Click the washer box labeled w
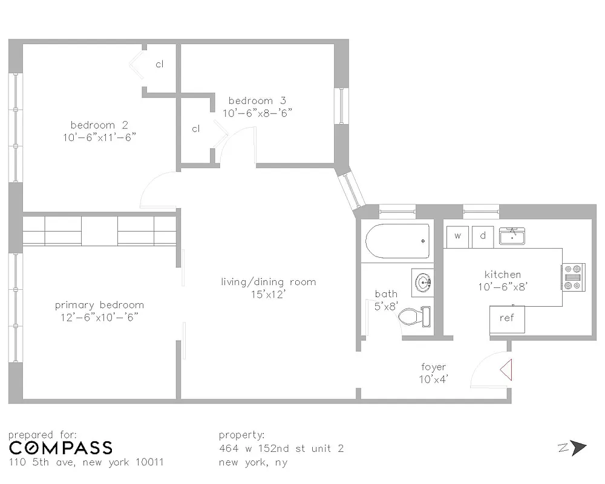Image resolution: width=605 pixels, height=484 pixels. pyautogui.click(x=458, y=236)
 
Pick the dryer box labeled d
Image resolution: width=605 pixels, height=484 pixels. pyautogui.click(x=483, y=236)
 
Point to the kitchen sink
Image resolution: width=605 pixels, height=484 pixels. pyautogui.click(x=512, y=237)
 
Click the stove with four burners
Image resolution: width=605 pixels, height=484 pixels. pyautogui.click(x=574, y=277)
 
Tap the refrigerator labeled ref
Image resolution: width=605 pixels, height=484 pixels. pyautogui.click(x=507, y=319)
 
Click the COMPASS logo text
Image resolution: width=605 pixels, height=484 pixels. pyautogui.click(x=60, y=448)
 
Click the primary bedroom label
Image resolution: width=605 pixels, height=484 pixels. pyautogui.click(x=99, y=305)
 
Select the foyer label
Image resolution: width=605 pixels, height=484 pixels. pyautogui.click(x=434, y=367)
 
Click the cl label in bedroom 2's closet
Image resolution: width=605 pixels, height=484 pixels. pyautogui.click(x=160, y=65)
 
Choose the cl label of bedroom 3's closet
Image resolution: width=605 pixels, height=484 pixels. pyautogui.click(x=196, y=129)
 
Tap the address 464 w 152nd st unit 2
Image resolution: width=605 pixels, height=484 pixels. pyautogui.click(x=281, y=448)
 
